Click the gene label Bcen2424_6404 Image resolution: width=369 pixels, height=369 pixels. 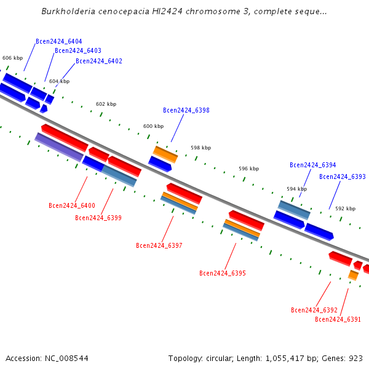tap(59, 41)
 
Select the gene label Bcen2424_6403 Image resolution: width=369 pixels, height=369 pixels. tap(78, 50)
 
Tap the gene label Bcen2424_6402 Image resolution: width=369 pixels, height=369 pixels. tap(99, 61)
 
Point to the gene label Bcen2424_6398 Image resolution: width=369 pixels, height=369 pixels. tap(186, 110)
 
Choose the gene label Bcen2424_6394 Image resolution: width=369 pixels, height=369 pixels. tap(313, 165)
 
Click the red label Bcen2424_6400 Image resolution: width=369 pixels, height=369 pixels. tap(72, 205)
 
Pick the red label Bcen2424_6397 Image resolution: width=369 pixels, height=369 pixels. tap(159, 245)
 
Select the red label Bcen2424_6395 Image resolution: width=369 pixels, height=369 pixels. tap(223, 273)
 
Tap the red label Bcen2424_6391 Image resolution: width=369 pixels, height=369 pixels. tap(338, 319)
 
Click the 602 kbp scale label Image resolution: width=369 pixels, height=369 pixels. tap(106, 104)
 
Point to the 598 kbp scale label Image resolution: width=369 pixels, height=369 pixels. tap(201, 148)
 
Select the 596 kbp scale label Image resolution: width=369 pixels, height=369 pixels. tap(248, 169)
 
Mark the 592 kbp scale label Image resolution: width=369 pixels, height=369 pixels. tap(345, 208)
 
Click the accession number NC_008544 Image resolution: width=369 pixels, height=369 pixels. tap(66, 359)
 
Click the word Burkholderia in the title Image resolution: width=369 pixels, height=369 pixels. tap(68, 11)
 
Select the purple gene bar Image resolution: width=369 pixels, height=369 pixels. tap(59, 148)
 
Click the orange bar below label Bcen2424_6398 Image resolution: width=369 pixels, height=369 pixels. tap(165, 154)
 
